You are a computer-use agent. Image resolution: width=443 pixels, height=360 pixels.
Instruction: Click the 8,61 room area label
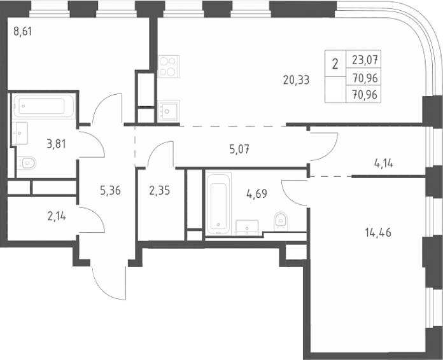[23, 31]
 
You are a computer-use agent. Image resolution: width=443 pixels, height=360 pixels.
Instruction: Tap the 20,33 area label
[296, 80]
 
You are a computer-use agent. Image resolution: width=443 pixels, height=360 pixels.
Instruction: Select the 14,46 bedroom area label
[378, 233]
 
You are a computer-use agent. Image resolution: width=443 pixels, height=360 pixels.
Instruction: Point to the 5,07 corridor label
[239, 149]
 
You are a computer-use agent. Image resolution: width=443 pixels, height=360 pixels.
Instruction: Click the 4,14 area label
[384, 163]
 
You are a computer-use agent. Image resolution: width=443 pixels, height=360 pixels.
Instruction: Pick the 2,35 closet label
[160, 191]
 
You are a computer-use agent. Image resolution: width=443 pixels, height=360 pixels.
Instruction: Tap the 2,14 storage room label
[57, 216]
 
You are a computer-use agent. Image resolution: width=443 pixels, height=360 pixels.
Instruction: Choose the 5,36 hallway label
[110, 191]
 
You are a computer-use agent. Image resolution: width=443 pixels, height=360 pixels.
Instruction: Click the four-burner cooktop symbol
[169, 67]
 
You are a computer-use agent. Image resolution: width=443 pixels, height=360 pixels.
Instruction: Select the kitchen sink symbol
[169, 111]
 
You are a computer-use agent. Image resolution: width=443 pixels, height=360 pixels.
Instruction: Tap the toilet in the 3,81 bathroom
[27, 163]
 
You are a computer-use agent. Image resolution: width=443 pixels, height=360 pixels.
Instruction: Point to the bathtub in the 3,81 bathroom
[43, 106]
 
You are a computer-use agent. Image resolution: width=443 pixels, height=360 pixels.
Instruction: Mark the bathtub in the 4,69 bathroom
[218, 204]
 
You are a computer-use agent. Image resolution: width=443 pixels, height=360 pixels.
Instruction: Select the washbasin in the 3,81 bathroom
[20, 133]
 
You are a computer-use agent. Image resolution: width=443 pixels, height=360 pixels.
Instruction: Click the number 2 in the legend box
[335, 64]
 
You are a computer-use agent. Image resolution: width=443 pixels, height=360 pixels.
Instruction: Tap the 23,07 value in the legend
[365, 60]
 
